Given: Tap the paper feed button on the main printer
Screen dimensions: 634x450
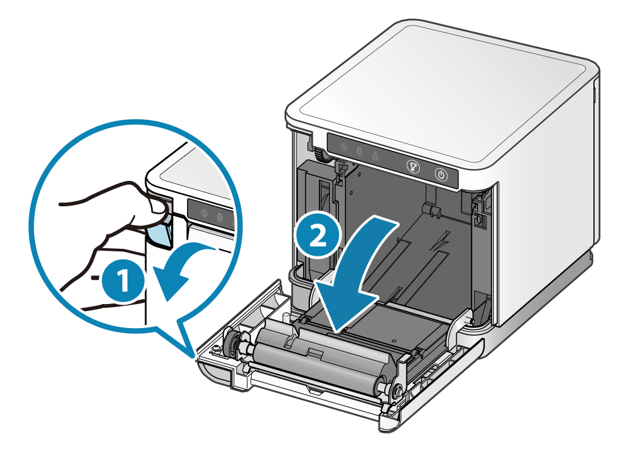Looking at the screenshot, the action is [413, 166].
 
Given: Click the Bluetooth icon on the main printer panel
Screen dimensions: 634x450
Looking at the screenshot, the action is [360, 151].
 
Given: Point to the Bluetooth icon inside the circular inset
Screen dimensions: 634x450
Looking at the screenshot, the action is [219, 217].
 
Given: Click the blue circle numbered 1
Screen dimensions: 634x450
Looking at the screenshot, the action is [122, 280].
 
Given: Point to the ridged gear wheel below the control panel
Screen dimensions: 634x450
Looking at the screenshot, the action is [321, 155].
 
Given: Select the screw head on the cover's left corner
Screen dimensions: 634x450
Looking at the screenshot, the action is [217, 348].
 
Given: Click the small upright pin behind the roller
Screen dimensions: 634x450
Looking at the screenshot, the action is [285, 317].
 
